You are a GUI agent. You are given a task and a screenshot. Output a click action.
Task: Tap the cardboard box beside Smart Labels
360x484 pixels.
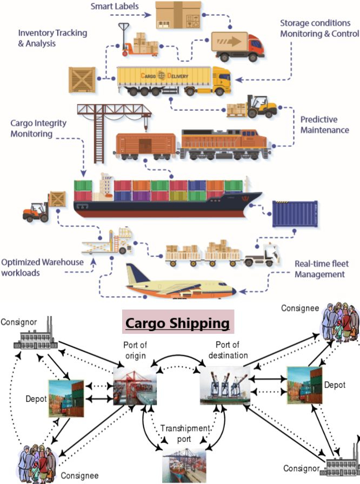point(174,15)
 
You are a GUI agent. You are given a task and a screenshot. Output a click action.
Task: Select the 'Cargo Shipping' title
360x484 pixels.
point(178,323)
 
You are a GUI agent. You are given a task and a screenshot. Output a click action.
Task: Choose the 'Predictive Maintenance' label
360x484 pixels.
point(325,124)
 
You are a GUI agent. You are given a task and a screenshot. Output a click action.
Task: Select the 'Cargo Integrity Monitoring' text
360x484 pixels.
point(38,128)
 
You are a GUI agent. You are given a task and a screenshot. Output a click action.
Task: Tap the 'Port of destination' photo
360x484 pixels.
point(225,385)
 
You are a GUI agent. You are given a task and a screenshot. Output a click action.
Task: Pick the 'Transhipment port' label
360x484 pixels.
point(184,433)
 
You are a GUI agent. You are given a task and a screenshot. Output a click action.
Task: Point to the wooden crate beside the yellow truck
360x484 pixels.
point(83,79)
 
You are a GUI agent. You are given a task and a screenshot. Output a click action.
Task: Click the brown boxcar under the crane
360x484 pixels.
point(145,145)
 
